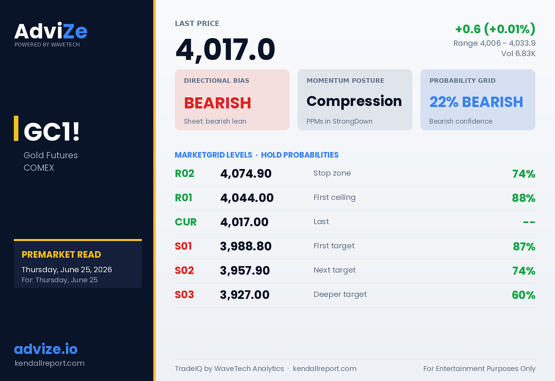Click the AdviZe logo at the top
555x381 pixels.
click(51, 31)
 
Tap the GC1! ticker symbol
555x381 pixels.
click(51, 132)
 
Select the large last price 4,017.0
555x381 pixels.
click(225, 49)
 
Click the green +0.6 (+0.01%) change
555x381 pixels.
click(495, 29)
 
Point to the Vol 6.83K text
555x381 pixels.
click(518, 53)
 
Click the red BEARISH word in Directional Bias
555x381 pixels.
click(218, 103)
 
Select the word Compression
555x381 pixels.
click(354, 101)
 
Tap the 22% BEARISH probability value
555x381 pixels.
click(476, 102)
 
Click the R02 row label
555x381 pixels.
click(184, 174)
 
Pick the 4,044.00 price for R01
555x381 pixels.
click(247, 198)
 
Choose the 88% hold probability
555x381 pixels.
click(523, 198)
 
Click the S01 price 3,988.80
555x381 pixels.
click(246, 246)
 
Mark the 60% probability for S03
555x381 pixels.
click(523, 295)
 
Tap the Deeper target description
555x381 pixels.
click(340, 295)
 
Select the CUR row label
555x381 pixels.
click(186, 222)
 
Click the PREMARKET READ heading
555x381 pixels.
click(61, 255)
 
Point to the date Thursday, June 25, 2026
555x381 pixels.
click(67, 269)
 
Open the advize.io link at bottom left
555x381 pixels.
click(46, 349)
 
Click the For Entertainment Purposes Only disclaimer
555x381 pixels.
click(479, 368)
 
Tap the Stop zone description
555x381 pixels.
click(332, 173)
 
